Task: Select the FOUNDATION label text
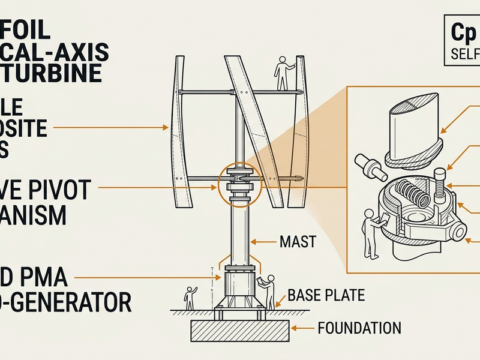coord(359,328)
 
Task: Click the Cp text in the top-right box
coord(458,34)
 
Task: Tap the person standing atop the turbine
coord(283,73)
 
